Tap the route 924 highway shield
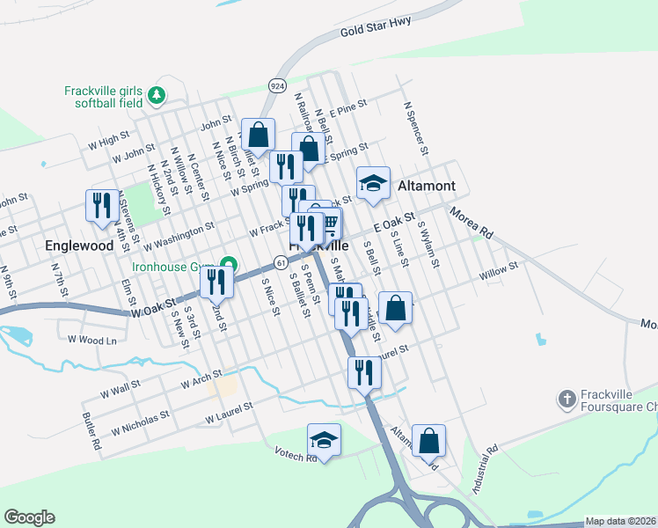pyautogui.click(x=278, y=84)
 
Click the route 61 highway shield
pyautogui.click(x=280, y=262)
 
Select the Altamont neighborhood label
pyautogui.click(x=427, y=186)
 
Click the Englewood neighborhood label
pyautogui.click(x=80, y=246)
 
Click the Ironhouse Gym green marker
pyautogui.click(x=229, y=263)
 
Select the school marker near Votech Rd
pyautogui.click(x=324, y=441)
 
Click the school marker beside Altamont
pyautogui.click(x=374, y=184)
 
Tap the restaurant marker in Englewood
pyautogui.click(x=102, y=206)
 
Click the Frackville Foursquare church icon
pyautogui.click(x=567, y=400)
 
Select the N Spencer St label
pyautogui.click(x=415, y=128)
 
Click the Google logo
pyautogui.click(x=29, y=517)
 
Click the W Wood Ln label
pyautogui.click(x=92, y=340)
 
